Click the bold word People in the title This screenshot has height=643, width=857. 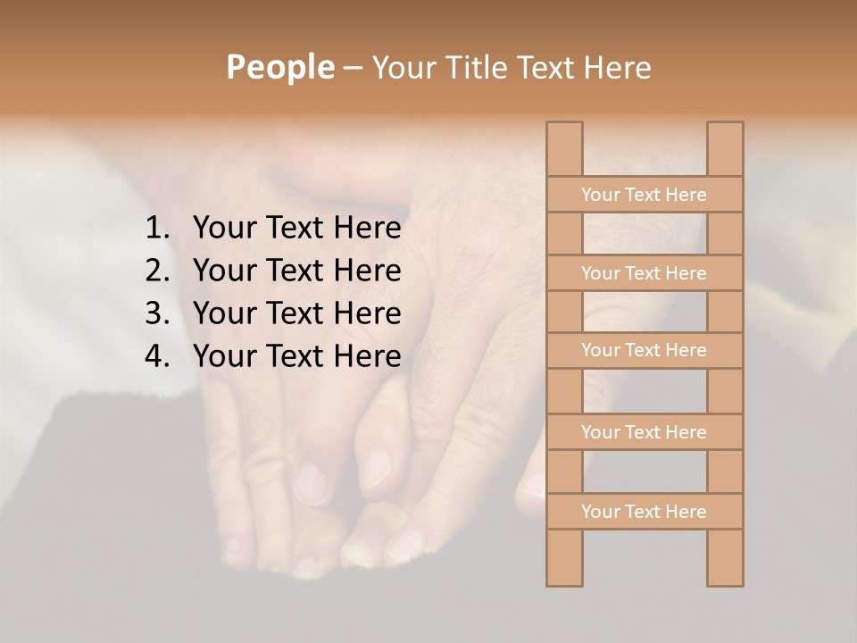click(279, 67)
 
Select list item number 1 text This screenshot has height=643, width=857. click(296, 229)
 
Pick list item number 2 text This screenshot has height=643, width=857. click(296, 271)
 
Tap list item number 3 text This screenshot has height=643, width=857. click(296, 313)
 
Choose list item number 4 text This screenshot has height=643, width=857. click(296, 356)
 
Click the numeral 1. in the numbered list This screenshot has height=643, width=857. click(157, 229)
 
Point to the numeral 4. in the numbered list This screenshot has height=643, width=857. click(157, 356)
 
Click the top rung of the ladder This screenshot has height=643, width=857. click(644, 195)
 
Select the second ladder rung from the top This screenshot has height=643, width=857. click(644, 273)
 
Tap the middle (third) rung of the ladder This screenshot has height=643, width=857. click(644, 350)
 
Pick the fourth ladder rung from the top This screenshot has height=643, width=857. click(644, 432)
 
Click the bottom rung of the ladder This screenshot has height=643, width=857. click(644, 512)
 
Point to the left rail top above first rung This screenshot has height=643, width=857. click(564, 148)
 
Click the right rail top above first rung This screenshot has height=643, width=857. click(725, 148)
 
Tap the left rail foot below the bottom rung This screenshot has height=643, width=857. click(564, 557)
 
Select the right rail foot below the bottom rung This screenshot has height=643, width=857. click(725, 557)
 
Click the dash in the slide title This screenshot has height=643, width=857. click(352, 68)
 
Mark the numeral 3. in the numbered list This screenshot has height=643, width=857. click(157, 313)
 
